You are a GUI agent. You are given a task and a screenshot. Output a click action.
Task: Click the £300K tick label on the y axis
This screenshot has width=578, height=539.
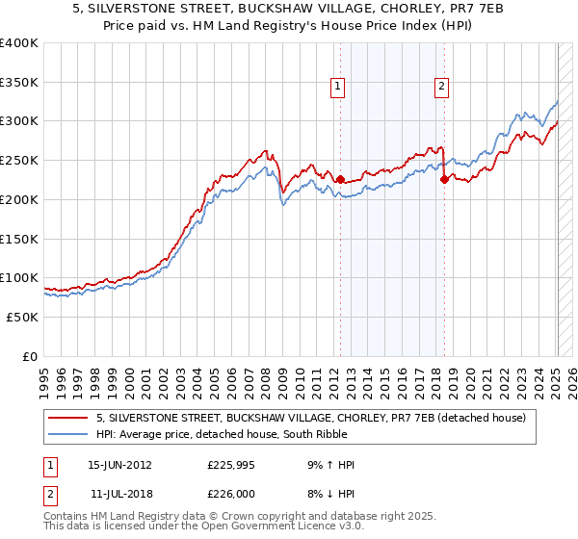click(19, 121)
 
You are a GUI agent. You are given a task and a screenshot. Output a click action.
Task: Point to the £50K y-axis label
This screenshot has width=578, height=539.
click(22, 317)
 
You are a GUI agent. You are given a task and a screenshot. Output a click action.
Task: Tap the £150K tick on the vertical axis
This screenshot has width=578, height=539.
click(19, 239)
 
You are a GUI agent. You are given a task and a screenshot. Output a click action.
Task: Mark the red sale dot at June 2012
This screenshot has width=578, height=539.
click(340, 179)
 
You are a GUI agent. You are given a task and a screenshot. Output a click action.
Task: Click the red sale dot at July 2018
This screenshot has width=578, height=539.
click(444, 179)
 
